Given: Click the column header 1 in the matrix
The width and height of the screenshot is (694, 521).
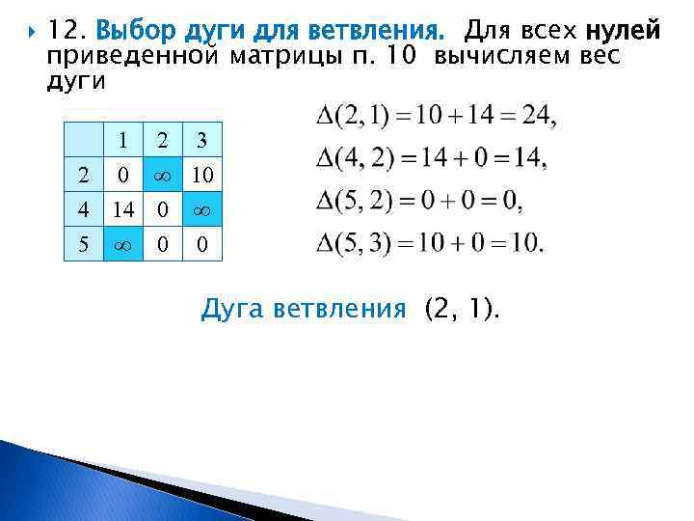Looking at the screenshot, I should pyautogui.click(x=122, y=141).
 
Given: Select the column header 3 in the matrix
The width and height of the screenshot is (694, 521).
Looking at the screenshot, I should pyautogui.click(x=201, y=141).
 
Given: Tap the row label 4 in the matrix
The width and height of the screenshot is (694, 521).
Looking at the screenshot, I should pyautogui.click(x=83, y=208).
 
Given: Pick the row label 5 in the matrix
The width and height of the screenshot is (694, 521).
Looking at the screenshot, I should pyautogui.click(x=83, y=244).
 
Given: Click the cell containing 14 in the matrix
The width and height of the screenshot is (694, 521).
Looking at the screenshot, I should pyautogui.click(x=122, y=208).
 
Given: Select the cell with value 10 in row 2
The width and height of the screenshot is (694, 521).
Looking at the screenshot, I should pyautogui.click(x=201, y=175).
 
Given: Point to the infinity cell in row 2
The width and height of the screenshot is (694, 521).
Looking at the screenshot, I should pyautogui.click(x=162, y=175).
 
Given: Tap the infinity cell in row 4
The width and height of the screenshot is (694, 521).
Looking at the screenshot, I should pyautogui.click(x=201, y=208).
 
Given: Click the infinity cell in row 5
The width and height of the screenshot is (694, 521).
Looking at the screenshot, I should pyautogui.click(x=122, y=244).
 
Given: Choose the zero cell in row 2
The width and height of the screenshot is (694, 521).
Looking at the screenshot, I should pyautogui.click(x=122, y=175).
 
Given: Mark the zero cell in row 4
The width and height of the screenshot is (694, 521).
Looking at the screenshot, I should pyautogui.click(x=162, y=208).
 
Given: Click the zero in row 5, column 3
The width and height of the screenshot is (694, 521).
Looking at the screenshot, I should pyautogui.click(x=201, y=244).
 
